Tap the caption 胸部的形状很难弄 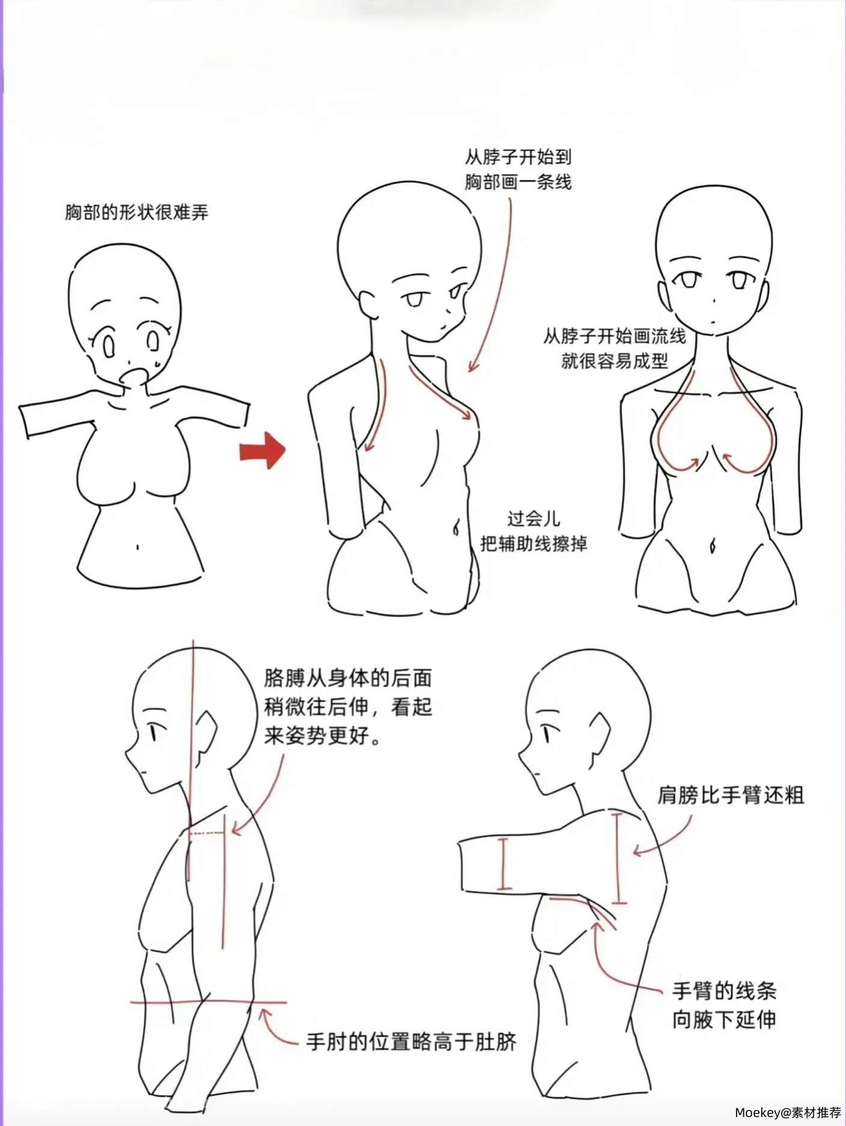click(x=137, y=212)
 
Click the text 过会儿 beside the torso click(x=534, y=518)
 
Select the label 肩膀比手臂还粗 click(x=731, y=796)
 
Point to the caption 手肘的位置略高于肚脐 click(x=412, y=1041)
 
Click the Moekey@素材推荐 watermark click(x=788, y=1113)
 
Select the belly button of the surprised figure click(x=138, y=547)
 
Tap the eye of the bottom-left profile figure click(x=153, y=733)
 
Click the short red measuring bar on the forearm click(x=504, y=863)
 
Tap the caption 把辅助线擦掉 click(x=534, y=544)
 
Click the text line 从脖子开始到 click(x=518, y=157)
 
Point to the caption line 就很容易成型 click(x=615, y=361)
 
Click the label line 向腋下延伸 click(x=724, y=1020)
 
